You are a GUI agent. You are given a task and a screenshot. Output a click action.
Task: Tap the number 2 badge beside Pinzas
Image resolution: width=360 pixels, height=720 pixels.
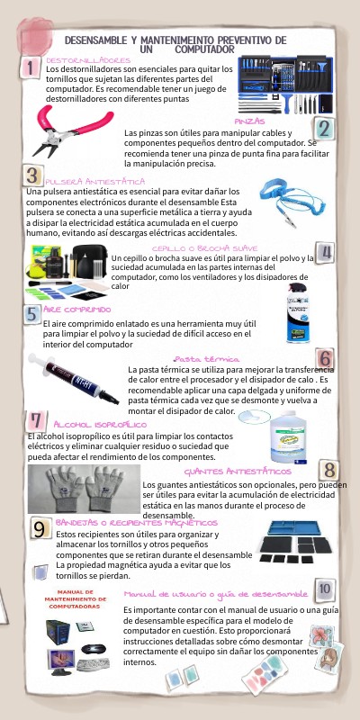point(323,129)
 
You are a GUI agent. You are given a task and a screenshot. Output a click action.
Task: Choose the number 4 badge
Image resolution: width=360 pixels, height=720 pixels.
point(326,252)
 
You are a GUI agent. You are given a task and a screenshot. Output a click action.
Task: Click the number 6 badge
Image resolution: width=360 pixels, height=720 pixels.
point(326,360)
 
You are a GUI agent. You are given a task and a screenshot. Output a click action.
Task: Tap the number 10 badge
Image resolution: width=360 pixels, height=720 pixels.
point(325,588)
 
